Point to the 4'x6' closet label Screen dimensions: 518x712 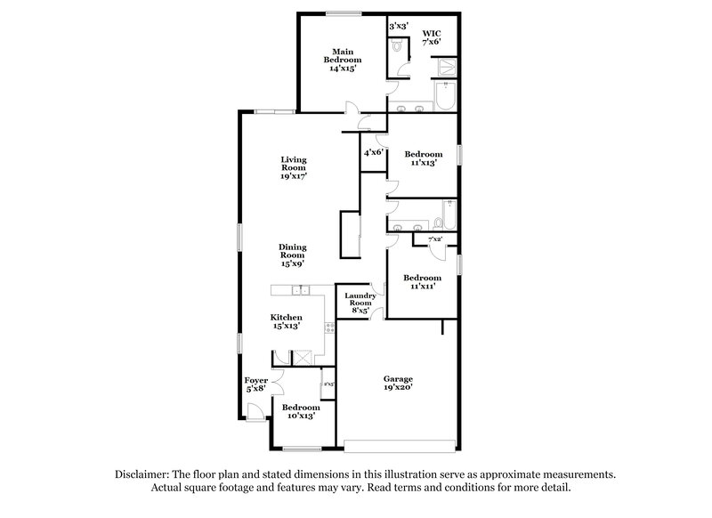pos(372,152)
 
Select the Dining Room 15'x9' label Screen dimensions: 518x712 pos(293,255)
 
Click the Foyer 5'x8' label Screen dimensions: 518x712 pos(255,384)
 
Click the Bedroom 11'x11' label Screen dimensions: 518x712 pos(422,281)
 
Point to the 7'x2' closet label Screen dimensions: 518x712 pos(436,239)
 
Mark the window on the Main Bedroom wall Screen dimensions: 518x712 pos(336,12)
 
